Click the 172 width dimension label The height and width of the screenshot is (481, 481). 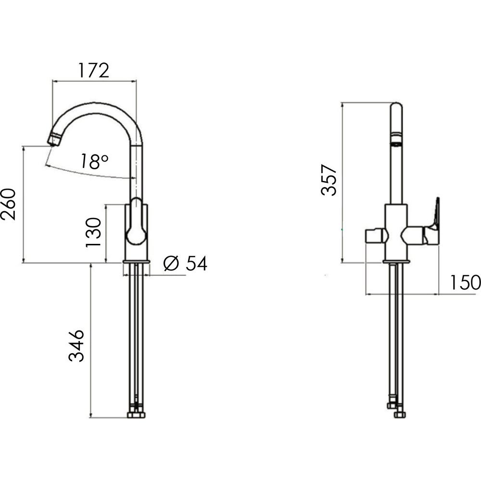click(94, 71)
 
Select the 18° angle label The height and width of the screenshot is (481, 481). click(94, 161)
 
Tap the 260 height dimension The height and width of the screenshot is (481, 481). click(8, 204)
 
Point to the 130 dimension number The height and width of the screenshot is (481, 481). click(93, 232)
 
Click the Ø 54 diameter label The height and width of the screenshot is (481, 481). click(185, 263)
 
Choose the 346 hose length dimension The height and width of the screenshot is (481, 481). click(76, 346)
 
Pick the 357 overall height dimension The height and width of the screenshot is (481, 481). click(329, 180)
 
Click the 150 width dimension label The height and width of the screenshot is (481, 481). click(465, 282)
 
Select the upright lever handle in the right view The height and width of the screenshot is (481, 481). click(436, 214)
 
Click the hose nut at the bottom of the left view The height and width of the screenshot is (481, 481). click(136, 416)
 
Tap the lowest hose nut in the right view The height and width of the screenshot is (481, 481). click(400, 415)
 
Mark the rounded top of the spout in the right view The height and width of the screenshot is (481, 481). click(396, 106)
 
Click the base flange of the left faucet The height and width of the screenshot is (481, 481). click(136, 262)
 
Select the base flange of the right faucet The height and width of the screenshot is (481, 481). click(396, 262)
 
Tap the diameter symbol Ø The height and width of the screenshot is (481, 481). click(171, 263)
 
